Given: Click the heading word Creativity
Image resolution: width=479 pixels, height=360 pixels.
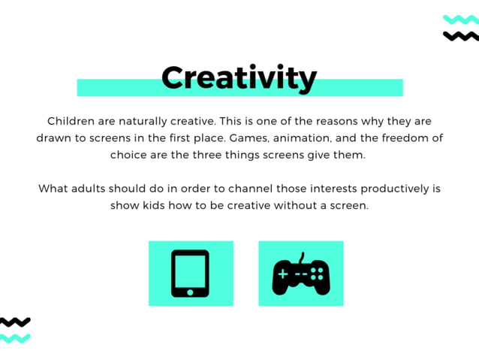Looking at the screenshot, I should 239,78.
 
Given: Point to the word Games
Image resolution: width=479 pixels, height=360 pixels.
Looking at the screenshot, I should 248,138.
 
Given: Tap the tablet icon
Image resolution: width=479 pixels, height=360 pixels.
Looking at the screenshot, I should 190,274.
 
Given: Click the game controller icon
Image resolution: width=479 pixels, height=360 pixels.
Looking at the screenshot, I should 300,275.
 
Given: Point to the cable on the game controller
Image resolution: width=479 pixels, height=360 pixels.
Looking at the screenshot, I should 302,257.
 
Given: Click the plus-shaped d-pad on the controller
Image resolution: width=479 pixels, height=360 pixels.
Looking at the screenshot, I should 283,274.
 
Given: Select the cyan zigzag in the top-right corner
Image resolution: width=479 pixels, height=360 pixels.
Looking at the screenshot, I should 460,20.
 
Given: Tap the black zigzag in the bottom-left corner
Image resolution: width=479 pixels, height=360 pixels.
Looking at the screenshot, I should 15,322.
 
